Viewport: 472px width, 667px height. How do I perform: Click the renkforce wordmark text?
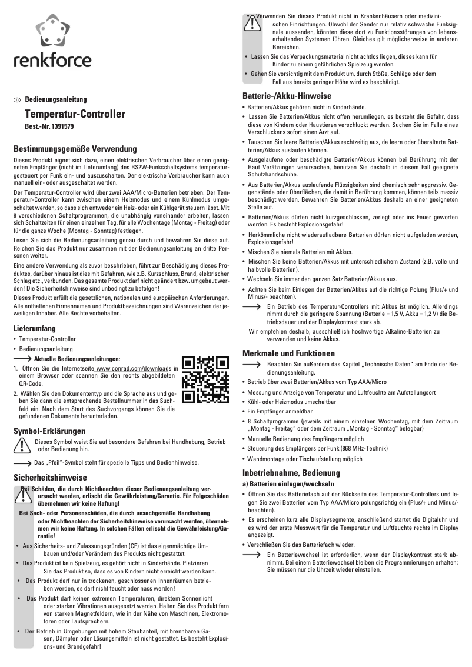52,60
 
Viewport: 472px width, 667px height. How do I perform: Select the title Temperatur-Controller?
74,114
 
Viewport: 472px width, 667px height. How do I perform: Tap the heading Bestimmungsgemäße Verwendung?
75,149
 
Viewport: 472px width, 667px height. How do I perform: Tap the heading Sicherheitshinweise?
50,478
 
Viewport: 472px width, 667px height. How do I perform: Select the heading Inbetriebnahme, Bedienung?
291,472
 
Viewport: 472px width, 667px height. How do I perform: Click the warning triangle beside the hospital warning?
252,24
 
